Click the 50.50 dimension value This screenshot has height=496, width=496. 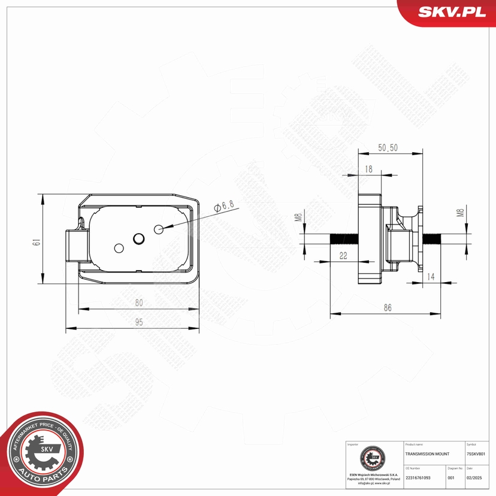coord(388,148)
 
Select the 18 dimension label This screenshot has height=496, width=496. coord(368,170)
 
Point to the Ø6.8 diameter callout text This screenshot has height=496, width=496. coord(223,205)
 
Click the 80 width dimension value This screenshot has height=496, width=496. coord(139,303)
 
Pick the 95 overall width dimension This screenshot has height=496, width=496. coord(139,322)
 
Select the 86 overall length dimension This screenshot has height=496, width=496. coord(388,307)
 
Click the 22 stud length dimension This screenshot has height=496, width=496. coord(343,256)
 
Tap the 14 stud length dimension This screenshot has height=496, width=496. coord(430,276)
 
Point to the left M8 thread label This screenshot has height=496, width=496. coord(298,218)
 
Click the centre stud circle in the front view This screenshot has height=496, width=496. coord(138,238)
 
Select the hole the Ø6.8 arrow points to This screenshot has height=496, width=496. coord(159,229)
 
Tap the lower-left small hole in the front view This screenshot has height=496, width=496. coord(119,248)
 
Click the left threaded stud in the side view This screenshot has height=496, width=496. coord(343,238)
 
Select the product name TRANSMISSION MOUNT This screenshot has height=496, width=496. coord(427,454)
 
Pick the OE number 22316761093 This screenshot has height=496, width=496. coord(418,477)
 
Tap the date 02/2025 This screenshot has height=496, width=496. coord(474,477)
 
